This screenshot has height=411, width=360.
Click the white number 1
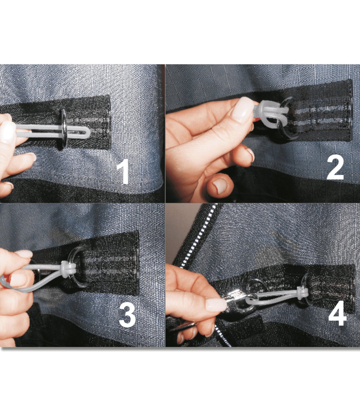tap(123, 171)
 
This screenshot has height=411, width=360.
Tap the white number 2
tap(335, 168)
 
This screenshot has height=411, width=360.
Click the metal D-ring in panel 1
tap(64, 129)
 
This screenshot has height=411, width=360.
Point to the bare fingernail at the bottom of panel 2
tap(220, 186)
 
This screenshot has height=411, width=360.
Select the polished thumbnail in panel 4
tap(216, 305)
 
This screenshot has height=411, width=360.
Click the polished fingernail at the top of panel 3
tap(25, 254)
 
